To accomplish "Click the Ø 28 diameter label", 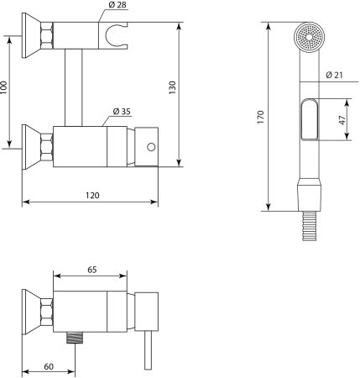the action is pyautogui.click(x=117, y=5).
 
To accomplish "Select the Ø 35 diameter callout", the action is pyautogui.click(x=122, y=112).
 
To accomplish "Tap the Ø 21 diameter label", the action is pyautogui.click(x=334, y=75).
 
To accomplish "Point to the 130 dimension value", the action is pyautogui.click(x=173, y=87).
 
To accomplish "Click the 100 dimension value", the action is pyautogui.click(x=3, y=87).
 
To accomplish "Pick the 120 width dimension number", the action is pyautogui.click(x=92, y=195).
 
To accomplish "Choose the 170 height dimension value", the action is pyautogui.click(x=260, y=118).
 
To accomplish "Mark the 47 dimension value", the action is pyautogui.click(x=342, y=120).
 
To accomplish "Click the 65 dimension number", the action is pyautogui.click(x=92, y=270).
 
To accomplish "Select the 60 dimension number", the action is pyautogui.click(x=49, y=366).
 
